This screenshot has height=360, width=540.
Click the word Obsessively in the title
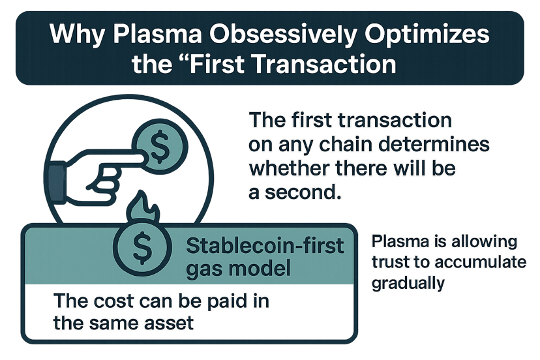(x=284, y=35)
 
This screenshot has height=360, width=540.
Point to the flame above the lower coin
(x=143, y=209)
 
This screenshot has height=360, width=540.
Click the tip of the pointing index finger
(x=142, y=159)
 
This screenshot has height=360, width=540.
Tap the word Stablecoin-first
(x=265, y=246)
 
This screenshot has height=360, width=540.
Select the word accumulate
(x=480, y=262)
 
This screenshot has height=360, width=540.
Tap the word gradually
(x=408, y=284)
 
